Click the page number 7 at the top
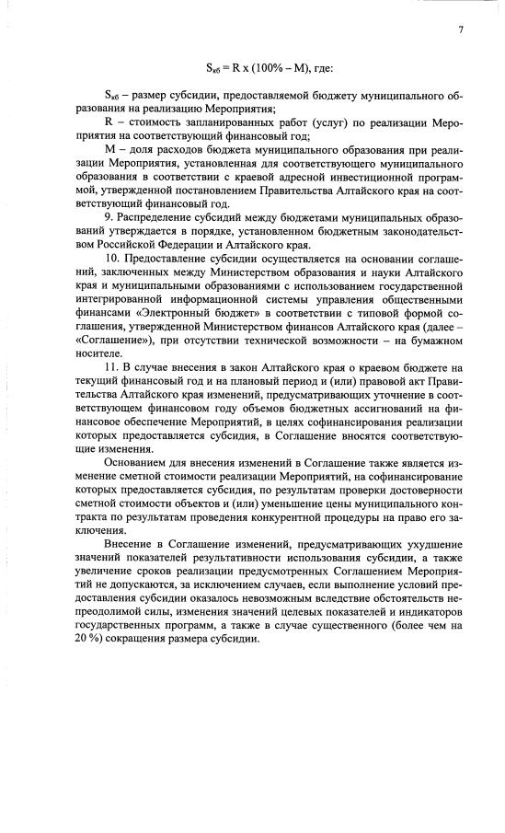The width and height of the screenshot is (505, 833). click(459, 30)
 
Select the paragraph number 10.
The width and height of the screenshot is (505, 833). click(111, 260)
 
